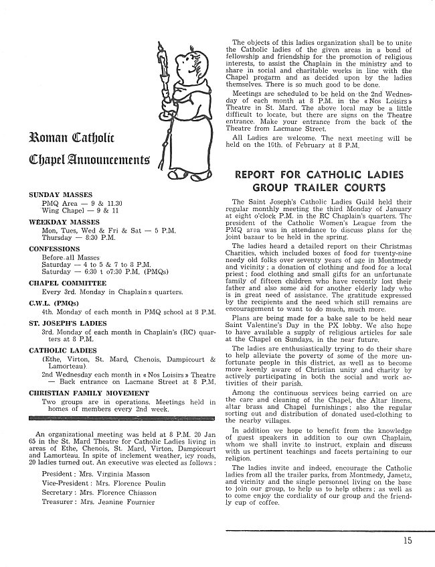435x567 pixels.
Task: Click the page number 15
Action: (408, 543)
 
